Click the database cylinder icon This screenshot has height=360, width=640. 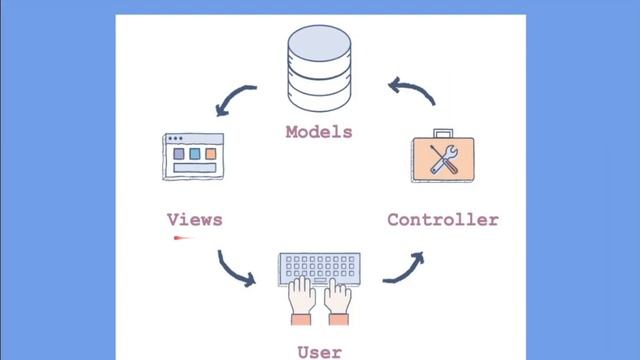click(319, 71)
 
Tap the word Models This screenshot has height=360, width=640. click(319, 131)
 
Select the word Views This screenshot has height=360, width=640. click(194, 219)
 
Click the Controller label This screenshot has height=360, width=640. click(442, 219)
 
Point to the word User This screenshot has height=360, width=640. click(319, 351)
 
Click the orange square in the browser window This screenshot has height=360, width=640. click(211, 154)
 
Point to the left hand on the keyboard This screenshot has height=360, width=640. click(302, 297)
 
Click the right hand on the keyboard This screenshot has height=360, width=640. click(338, 297)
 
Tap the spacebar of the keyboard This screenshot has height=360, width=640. click(319, 281)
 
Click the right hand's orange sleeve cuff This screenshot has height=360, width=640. click(339, 319)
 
